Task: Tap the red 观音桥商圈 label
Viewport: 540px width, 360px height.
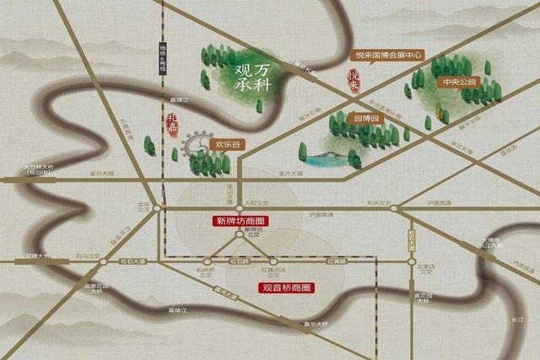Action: coord(284,287)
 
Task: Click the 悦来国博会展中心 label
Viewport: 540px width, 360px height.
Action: coord(387,55)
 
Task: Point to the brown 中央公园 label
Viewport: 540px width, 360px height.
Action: coord(458,83)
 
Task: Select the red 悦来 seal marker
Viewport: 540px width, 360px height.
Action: coord(354,81)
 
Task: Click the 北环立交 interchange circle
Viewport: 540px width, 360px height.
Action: coord(155,210)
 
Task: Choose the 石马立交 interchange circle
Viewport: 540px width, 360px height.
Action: coord(103,261)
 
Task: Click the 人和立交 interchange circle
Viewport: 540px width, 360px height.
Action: coord(240,208)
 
